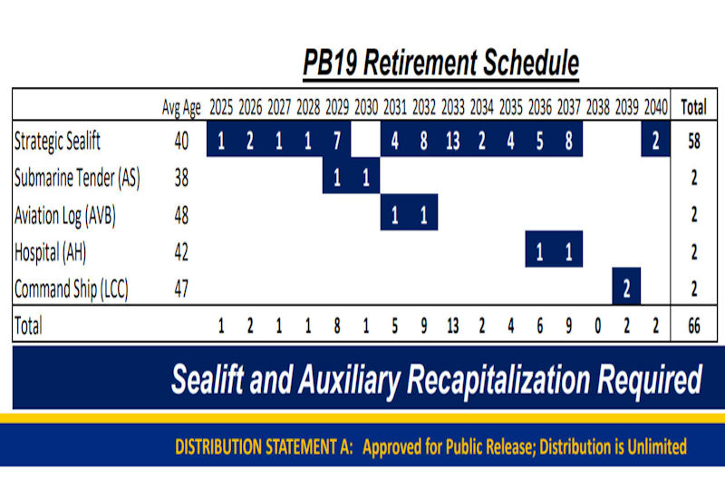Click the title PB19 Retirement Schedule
click(440, 63)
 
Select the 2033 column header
click(452, 107)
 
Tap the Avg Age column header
click(181, 108)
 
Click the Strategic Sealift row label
click(57, 141)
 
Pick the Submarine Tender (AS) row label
click(77, 178)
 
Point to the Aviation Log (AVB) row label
click(65, 215)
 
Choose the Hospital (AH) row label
click(51, 252)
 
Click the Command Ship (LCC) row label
click(72, 289)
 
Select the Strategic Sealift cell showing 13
click(452, 141)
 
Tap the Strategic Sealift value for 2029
click(337, 141)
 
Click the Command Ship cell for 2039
click(626, 289)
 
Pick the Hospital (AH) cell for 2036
click(539, 252)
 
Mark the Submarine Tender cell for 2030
click(366, 178)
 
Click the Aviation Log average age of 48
click(181, 215)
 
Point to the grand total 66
click(694, 326)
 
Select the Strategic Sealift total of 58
click(694, 141)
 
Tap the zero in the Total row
click(598, 326)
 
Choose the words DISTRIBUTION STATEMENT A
click(264, 447)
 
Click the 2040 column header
click(655, 107)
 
